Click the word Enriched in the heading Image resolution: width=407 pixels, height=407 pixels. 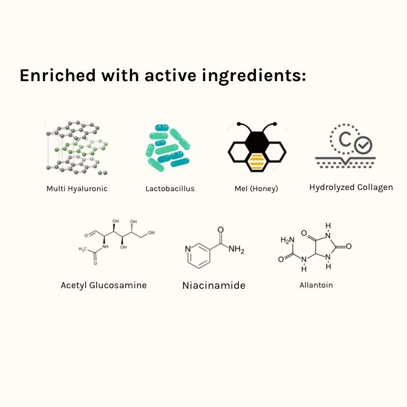[x=56, y=76]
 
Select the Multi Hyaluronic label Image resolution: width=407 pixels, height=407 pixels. [x=77, y=189]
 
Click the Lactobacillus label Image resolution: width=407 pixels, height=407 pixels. [x=170, y=189]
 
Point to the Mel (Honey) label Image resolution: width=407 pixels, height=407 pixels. [x=256, y=189]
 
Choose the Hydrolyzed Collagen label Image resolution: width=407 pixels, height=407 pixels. [x=351, y=188]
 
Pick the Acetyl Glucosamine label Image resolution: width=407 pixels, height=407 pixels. [x=104, y=285]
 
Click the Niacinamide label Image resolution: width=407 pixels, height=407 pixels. [x=213, y=286]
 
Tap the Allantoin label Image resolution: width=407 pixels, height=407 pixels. [x=316, y=285]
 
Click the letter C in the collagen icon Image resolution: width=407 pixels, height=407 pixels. [x=346, y=139]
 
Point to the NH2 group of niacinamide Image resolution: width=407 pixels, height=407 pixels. [x=236, y=250]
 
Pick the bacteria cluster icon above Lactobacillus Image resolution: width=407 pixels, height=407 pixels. [x=169, y=148]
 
